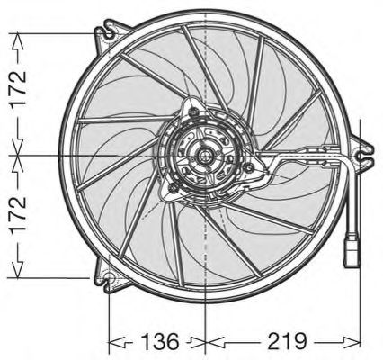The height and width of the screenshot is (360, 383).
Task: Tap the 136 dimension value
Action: click(150, 342)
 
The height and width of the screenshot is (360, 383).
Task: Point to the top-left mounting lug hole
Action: click(109, 34)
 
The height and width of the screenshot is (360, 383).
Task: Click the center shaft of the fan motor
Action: click(207, 155)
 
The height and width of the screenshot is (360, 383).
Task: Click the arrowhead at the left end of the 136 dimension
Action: click(112, 342)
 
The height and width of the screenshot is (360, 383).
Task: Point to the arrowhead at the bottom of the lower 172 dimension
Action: click(15, 272)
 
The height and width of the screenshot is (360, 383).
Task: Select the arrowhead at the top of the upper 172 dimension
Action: click(15, 37)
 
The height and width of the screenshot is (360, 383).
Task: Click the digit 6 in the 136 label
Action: click(168, 342)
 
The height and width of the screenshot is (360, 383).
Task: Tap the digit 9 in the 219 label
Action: click(300, 342)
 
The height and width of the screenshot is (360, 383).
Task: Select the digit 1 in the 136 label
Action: click(133, 342)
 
